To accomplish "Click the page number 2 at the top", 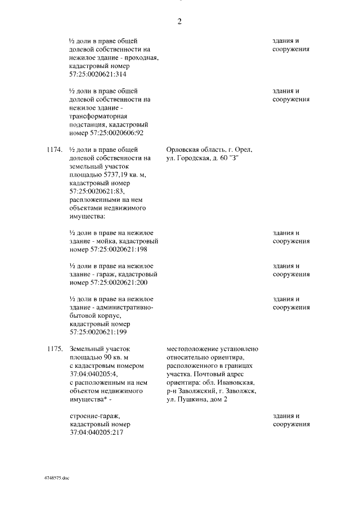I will [179, 22].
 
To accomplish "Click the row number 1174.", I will [55, 150].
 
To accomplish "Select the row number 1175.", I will [55, 349].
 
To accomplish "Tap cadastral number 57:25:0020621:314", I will [98, 74].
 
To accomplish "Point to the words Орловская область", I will [193, 150].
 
